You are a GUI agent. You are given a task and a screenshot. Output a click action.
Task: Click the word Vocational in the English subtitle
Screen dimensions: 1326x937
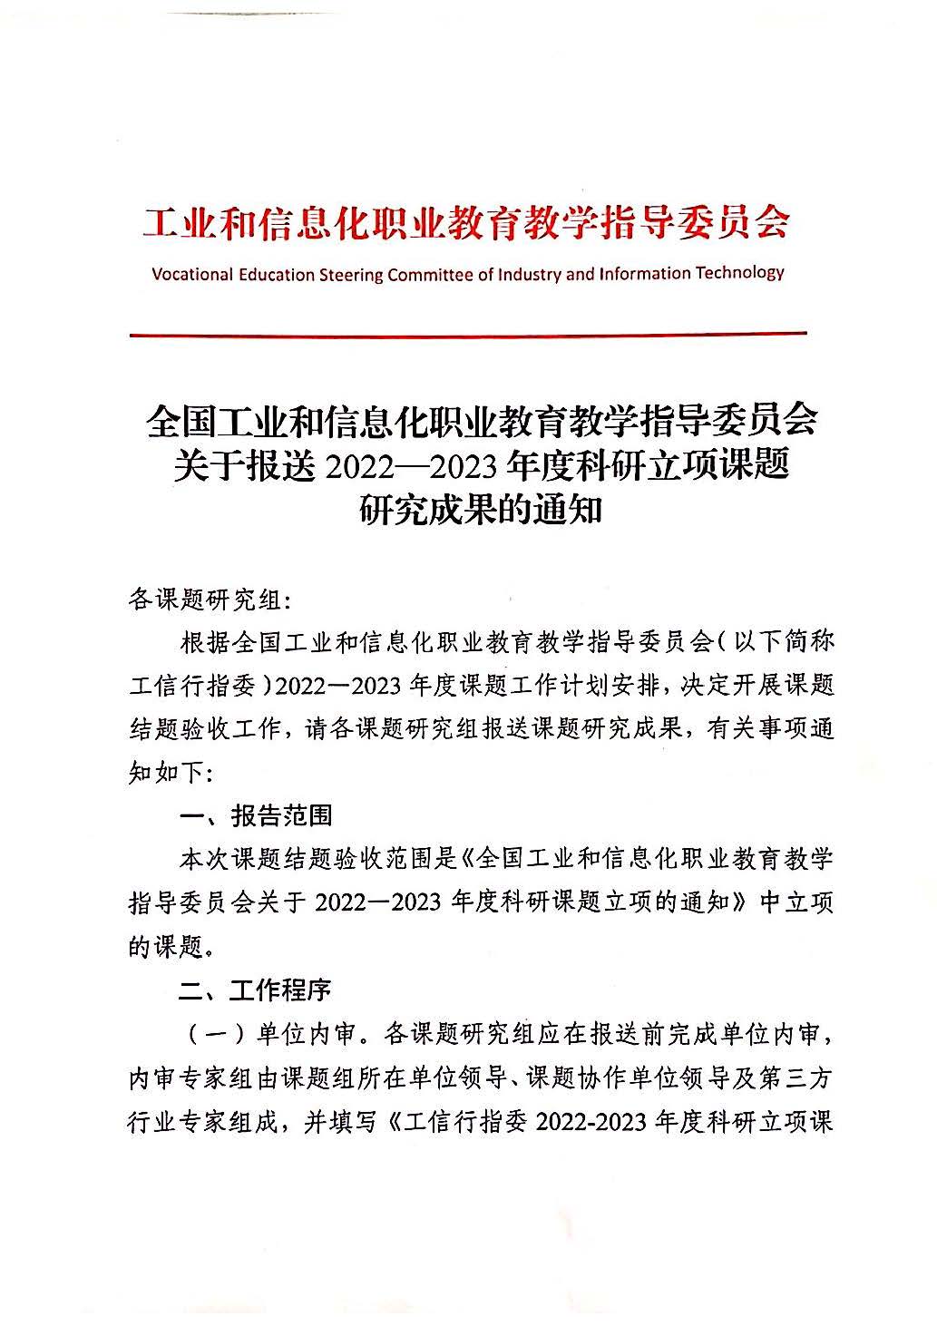pos(192,274)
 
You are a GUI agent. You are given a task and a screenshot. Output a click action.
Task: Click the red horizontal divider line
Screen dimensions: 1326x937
pos(467,335)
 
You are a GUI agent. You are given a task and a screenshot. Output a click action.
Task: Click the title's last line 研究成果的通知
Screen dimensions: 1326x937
pos(481,511)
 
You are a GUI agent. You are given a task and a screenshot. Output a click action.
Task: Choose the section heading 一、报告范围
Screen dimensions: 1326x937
pos(257,815)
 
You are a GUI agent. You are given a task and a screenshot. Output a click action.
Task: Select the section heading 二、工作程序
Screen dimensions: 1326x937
pos(256,990)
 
